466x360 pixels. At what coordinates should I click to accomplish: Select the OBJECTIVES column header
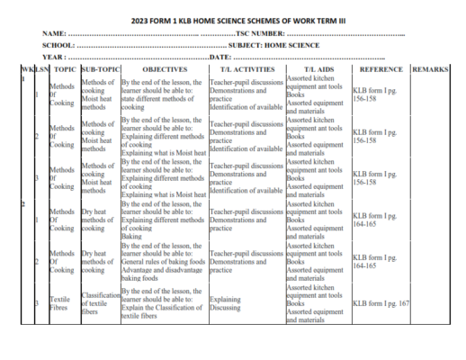click(164, 68)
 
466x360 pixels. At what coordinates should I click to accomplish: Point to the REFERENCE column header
click(381, 68)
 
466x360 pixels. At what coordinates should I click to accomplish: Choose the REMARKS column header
click(434, 68)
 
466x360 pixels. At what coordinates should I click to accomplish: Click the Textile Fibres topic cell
click(60, 303)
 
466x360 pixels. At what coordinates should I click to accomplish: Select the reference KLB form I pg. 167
click(381, 303)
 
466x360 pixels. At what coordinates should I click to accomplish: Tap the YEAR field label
click(54, 57)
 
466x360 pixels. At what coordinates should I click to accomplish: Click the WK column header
click(25, 68)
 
